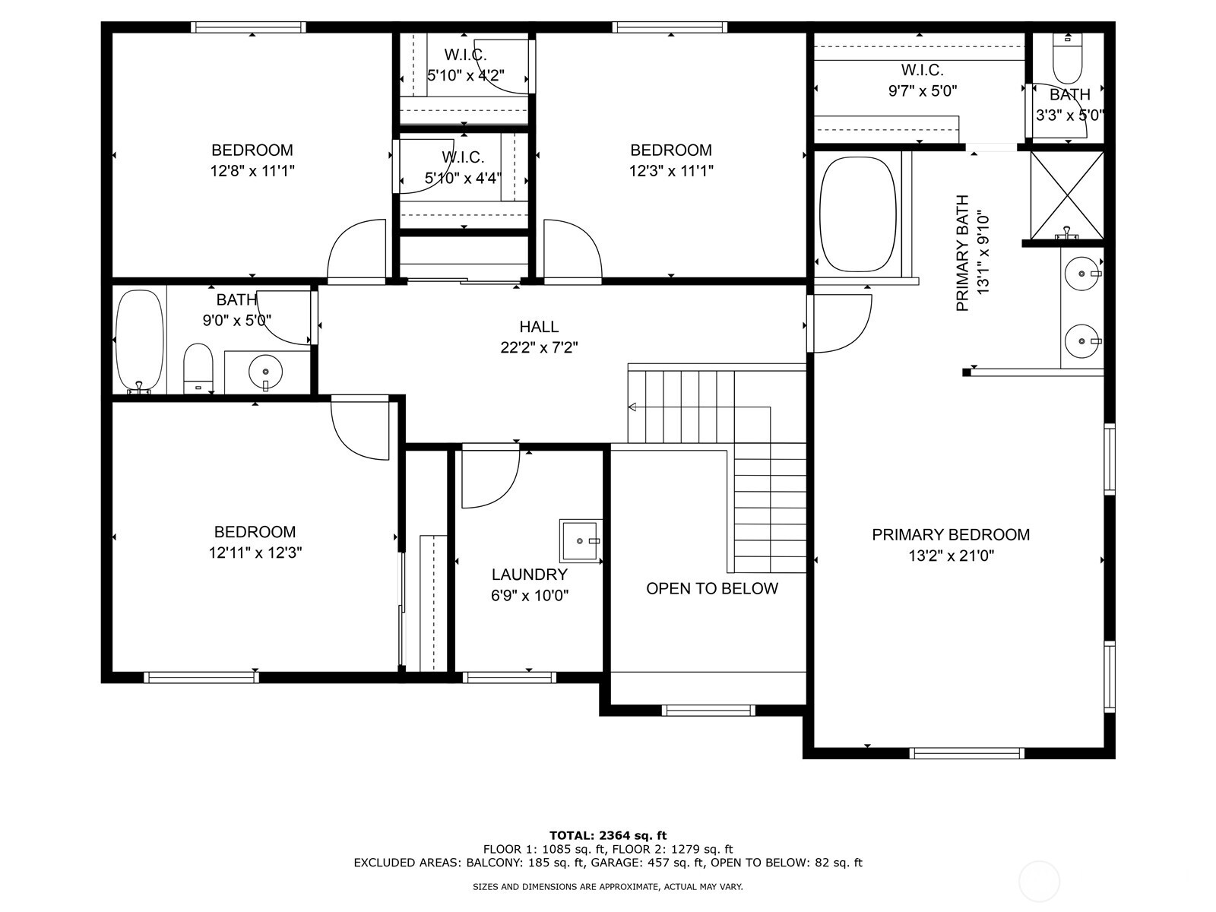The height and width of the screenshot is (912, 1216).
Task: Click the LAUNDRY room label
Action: pyautogui.click(x=529, y=575)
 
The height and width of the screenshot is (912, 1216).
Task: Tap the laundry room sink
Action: pyautogui.click(x=581, y=540)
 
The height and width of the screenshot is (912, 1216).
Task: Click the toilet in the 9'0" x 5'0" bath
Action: pyautogui.click(x=199, y=368)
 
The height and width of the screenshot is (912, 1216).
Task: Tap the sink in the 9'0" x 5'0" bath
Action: pyautogui.click(x=265, y=372)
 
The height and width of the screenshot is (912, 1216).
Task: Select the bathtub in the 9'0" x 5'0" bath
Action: pyautogui.click(x=139, y=340)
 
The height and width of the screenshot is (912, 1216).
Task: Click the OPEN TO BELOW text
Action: pyautogui.click(x=711, y=588)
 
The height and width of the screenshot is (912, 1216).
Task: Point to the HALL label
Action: pyautogui.click(x=539, y=327)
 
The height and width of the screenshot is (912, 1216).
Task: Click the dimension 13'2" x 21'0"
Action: pyautogui.click(x=951, y=556)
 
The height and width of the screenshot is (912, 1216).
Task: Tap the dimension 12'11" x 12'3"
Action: pyautogui.click(x=255, y=553)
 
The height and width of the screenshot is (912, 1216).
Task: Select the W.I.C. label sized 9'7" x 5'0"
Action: pyautogui.click(x=922, y=71)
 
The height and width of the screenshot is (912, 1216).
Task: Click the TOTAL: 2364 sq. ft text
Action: pyautogui.click(x=607, y=835)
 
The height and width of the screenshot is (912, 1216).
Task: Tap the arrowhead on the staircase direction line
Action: pyautogui.click(x=632, y=407)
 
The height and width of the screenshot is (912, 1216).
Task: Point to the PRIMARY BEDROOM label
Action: pyautogui.click(x=950, y=534)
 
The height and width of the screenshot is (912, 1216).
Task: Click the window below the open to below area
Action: pyautogui.click(x=708, y=711)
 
